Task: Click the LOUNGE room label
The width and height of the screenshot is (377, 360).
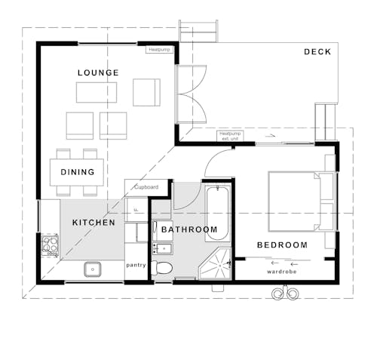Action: click(x=98, y=72)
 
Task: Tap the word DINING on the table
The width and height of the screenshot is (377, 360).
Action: click(x=78, y=172)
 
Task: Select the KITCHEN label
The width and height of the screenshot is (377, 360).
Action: click(x=93, y=223)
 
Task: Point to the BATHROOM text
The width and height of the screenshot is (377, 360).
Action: click(x=189, y=229)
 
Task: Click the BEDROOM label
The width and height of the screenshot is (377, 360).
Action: click(x=282, y=245)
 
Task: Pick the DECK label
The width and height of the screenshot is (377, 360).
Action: click(x=317, y=51)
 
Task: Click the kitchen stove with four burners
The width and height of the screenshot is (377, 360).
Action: click(x=50, y=245)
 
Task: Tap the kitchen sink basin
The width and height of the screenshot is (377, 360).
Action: click(x=93, y=268)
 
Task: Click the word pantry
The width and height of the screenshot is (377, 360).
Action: click(x=136, y=265)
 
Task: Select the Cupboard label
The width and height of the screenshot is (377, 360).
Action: click(x=146, y=186)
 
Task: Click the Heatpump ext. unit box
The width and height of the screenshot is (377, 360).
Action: click(x=228, y=137)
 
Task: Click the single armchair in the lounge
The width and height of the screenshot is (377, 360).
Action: click(x=146, y=92)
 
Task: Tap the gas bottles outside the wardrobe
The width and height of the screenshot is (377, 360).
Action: click(x=285, y=294)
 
